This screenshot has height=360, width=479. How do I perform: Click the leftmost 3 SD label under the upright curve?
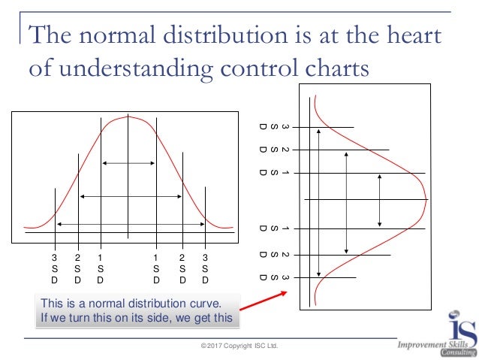(54, 269)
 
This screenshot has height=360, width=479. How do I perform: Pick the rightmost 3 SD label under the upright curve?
(206, 269)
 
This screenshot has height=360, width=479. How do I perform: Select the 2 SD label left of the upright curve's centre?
(77, 269)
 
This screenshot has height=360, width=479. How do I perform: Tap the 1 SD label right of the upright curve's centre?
(156, 269)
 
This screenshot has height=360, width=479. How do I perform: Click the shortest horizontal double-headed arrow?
(128, 162)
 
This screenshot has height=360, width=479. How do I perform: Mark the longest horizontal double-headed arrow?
(130, 224)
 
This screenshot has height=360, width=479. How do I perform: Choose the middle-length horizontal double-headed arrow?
(131, 196)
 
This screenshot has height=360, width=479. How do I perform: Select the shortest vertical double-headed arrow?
(380, 201)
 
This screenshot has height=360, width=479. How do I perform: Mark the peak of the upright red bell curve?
(128, 116)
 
